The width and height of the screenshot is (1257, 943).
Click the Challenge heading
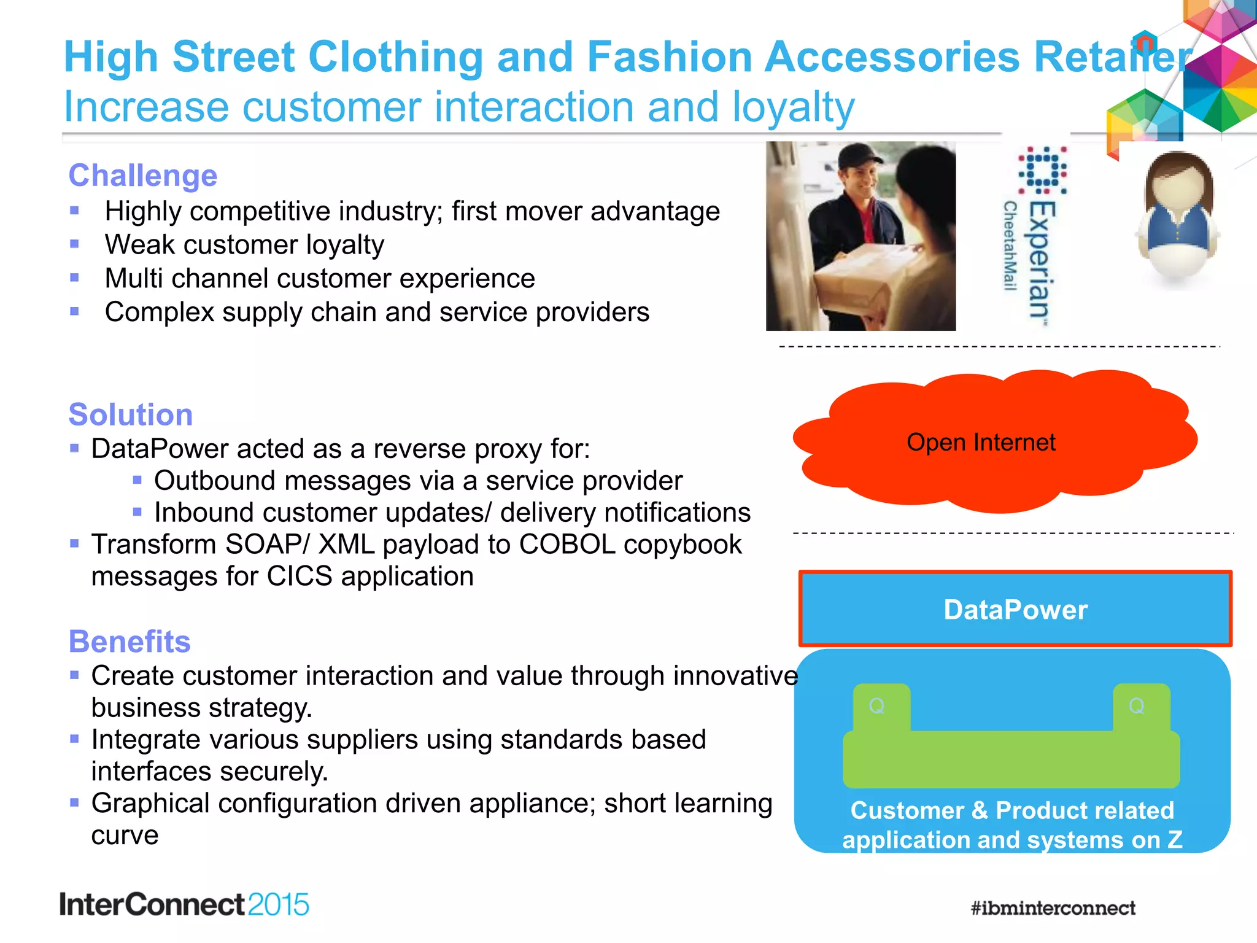[142, 176]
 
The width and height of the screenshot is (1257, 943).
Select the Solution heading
[130, 415]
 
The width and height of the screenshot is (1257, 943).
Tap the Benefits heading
[130, 642]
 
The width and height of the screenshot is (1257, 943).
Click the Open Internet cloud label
[981, 442]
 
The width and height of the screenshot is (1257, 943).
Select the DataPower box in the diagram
[1015, 610]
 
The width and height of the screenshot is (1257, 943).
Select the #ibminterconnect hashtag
[1053, 908]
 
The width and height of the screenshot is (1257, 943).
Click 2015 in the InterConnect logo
[278, 905]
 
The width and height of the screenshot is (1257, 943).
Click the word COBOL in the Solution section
[567, 545]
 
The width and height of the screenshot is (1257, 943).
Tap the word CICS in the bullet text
[300, 576]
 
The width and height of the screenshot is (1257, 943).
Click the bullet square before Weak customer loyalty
[74, 244]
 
